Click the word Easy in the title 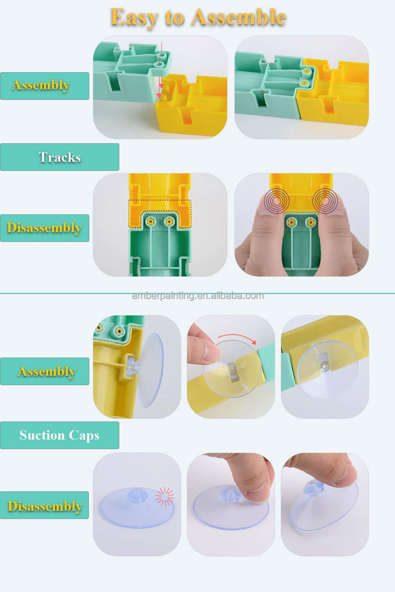pos(133,17)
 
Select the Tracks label pos(60,157)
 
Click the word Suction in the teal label pos(42,435)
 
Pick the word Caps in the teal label pos(84,435)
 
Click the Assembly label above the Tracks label pos(41,85)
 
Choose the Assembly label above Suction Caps pos(47,371)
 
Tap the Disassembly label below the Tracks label pos(44,228)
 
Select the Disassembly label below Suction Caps pos(45,506)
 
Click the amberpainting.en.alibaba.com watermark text pos(197,296)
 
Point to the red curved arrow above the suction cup pos(237,337)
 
